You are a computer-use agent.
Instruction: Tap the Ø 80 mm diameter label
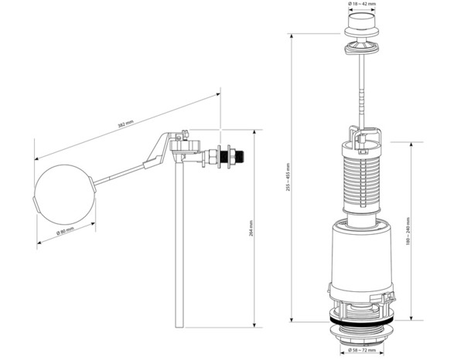[66, 229]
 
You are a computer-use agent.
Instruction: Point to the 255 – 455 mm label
[288, 176]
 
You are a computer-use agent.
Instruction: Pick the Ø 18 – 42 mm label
[360, 5]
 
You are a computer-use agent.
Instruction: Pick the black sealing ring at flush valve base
[360, 317]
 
